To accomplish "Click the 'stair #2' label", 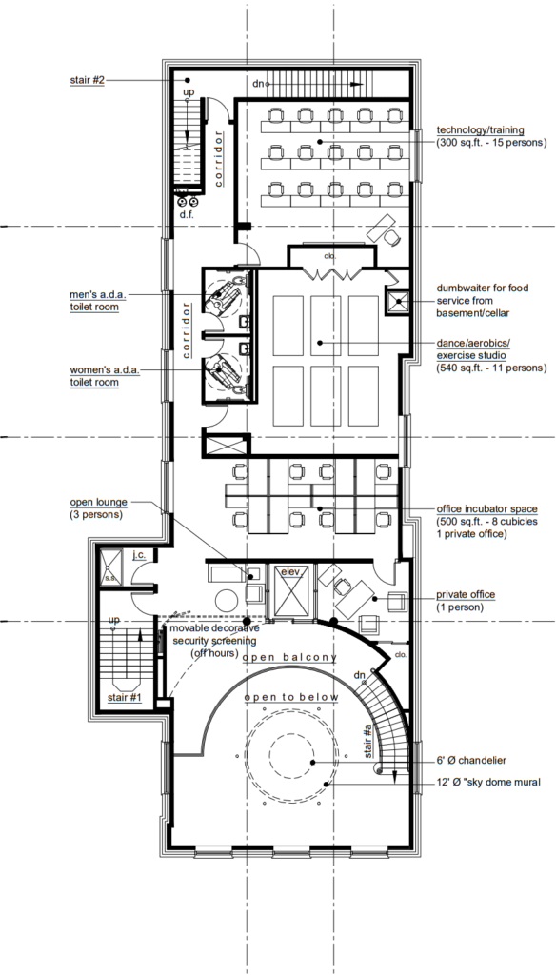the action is pyautogui.click(x=88, y=80).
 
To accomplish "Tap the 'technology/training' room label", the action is pyautogui.click(x=480, y=129).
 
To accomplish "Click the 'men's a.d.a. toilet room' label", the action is pyautogui.click(x=98, y=300).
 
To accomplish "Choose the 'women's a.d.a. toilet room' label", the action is pyautogui.click(x=105, y=377).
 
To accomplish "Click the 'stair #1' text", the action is pyautogui.click(x=125, y=698).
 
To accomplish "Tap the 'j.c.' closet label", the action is pyautogui.click(x=138, y=554).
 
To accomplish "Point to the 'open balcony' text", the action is pyautogui.click(x=290, y=657).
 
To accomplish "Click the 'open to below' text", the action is pyautogui.click(x=291, y=698).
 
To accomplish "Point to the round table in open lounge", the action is pyautogui.click(x=226, y=601).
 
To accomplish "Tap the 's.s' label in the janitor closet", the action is pyautogui.click(x=110, y=579).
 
